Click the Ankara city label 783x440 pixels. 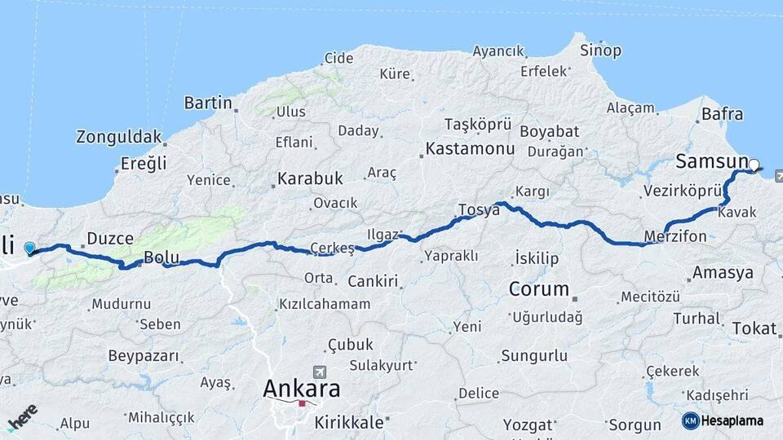[x=301, y=389]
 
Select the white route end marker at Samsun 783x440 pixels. [x=754, y=165]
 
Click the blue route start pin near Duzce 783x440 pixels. [x=30, y=248]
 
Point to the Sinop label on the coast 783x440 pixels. [x=600, y=51]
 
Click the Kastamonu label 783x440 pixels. [x=470, y=149]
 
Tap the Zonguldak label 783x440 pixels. [x=119, y=137]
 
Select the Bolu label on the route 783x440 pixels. [x=161, y=257]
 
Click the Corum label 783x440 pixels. [x=538, y=288]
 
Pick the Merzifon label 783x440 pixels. [x=675, y=236]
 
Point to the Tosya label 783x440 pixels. [x=479, y=209]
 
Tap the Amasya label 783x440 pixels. [x=723, y=273]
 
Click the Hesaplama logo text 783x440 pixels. [x=732, y=421]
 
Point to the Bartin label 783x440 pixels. [x=209, y=103]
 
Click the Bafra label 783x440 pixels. [x=723, y=114]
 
